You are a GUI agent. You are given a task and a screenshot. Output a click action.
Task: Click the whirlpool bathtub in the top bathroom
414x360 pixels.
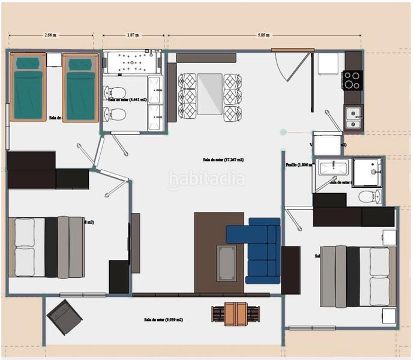[133, 63]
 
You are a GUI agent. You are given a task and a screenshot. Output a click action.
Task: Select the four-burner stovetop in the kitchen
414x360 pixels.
[352, 79]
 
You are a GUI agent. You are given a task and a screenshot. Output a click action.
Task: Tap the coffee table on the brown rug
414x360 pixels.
[227, 262]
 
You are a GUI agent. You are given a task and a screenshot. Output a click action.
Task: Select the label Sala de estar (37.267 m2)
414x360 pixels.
[227, 160]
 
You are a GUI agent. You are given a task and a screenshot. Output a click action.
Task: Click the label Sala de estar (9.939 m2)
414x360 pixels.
[163, 320]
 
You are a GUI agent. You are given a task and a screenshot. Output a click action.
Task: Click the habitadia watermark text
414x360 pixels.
[206, 179]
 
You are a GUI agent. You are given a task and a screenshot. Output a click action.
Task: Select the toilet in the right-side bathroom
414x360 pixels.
[367, 196]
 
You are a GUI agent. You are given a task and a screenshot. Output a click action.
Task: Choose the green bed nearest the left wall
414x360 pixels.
[28, 87]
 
